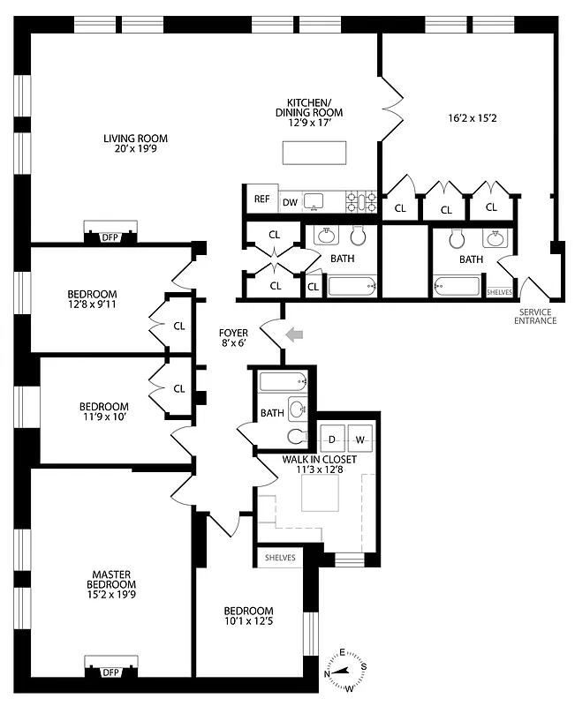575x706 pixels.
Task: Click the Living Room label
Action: pos(135,144)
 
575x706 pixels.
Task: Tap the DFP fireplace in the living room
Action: pos(110,236)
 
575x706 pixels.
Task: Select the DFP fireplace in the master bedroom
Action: pos(110,672)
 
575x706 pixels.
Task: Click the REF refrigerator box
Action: pos(261,199)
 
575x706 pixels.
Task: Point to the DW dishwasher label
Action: pos(290,202)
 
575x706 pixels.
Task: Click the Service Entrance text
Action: pos(536,316)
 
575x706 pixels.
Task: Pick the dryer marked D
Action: pos(334,439)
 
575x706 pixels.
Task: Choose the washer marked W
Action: pos(360,439)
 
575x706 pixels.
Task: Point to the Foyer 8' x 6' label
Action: pos(236,339)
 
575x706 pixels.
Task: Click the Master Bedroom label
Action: pos(111,585)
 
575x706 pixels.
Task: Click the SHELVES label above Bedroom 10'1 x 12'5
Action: pos(279,558)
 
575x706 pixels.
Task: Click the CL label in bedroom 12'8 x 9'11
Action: pos(179,326)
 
